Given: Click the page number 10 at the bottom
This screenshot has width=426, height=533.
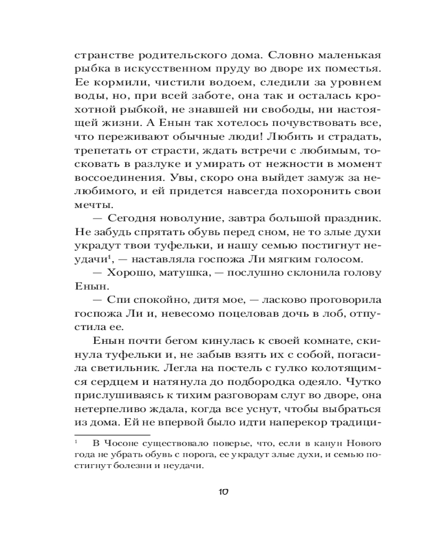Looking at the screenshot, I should (x=223, y=492).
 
